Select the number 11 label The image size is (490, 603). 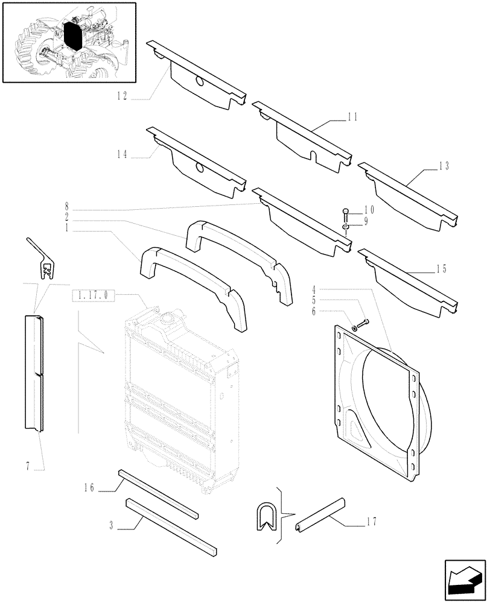(x=353, y=118)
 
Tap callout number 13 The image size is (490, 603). (x=444, y=165)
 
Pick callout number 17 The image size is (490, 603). (x=371, y=522)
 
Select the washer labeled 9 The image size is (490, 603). (x=345, y=227)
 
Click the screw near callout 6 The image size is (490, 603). (x=360, y=324)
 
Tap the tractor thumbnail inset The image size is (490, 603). (x=69, y=42)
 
